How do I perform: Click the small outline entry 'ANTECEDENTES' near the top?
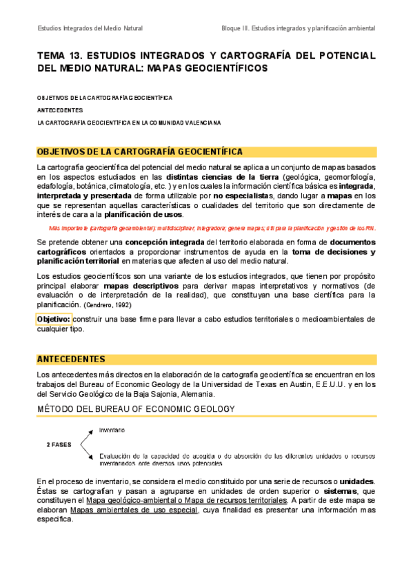point(59,110)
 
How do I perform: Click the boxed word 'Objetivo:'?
point(54,320)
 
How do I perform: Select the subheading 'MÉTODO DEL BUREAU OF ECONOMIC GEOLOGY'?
point(136,409)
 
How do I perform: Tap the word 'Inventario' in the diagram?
point(112,430)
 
